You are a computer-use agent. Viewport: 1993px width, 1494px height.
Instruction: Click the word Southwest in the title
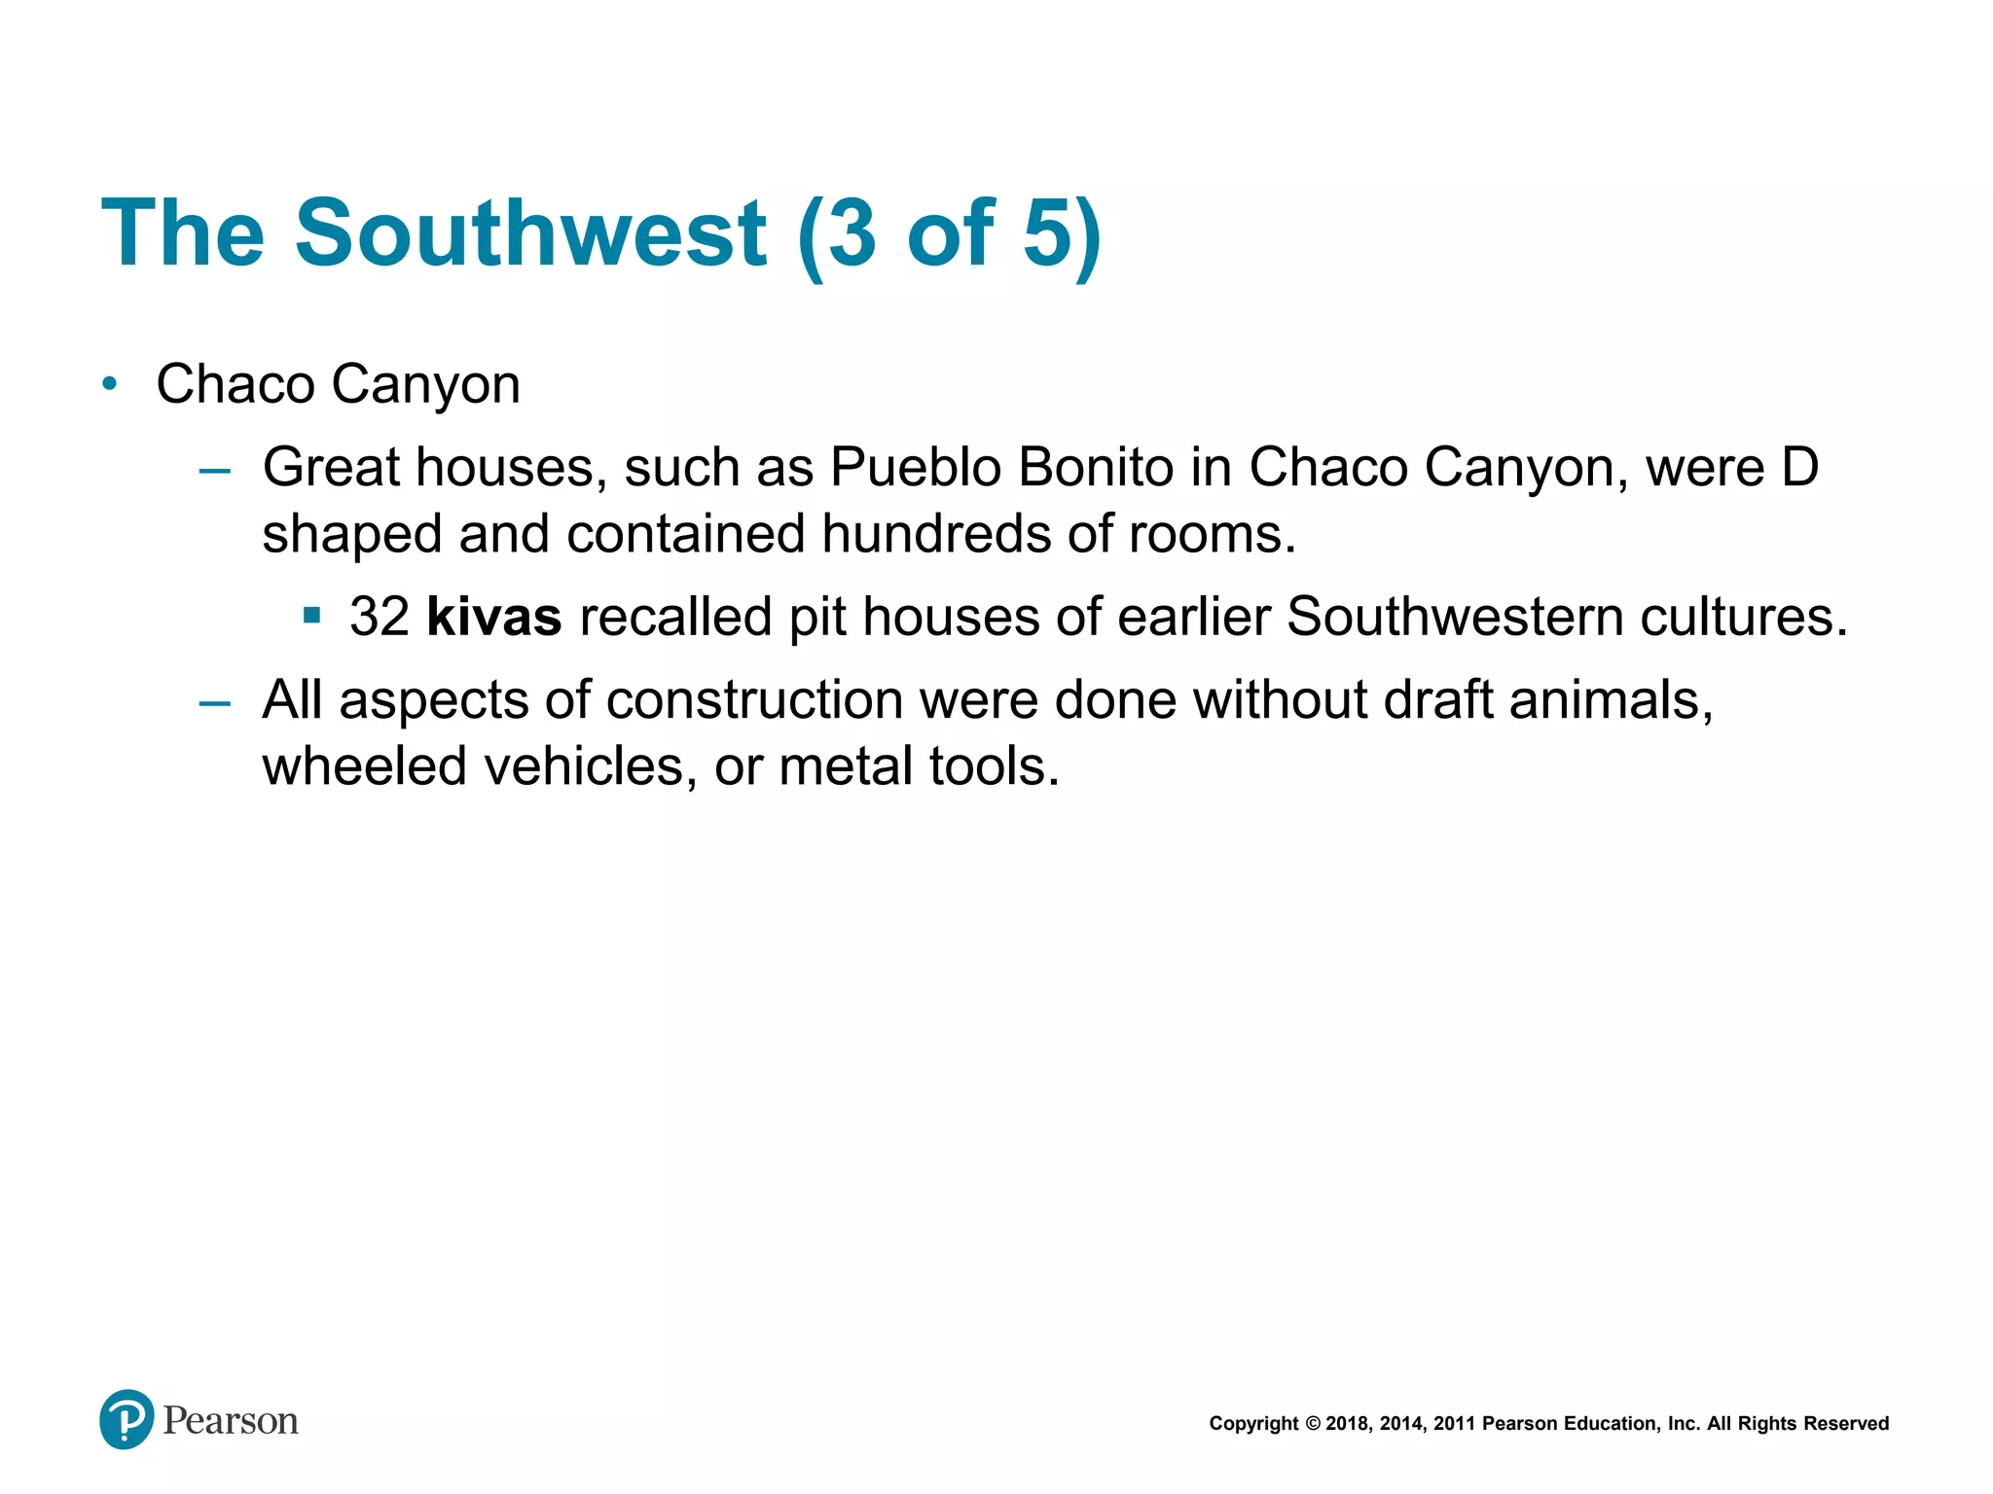coord(531,233)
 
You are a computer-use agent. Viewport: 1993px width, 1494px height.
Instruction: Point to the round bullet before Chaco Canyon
coord(110,384)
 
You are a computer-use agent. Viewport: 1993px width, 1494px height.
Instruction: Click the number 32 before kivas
coord(380,617)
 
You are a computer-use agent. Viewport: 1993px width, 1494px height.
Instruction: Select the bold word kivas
coord(493,617)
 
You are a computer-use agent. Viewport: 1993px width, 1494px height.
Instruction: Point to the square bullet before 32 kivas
coord(311,616)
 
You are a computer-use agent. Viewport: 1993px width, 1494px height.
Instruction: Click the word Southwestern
coord(1454,617)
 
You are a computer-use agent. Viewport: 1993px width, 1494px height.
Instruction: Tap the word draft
coord(1438,700)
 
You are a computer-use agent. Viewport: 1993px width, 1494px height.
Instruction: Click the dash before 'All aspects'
coord(214,702)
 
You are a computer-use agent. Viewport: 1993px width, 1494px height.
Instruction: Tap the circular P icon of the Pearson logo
coord(127,1420)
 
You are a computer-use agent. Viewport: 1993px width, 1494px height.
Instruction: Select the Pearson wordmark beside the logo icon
coord(231,1421)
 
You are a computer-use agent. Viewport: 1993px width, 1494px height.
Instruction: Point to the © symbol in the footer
coord(1313,1424)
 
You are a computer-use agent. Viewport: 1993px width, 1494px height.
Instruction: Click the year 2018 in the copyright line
coord(1347,1424)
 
